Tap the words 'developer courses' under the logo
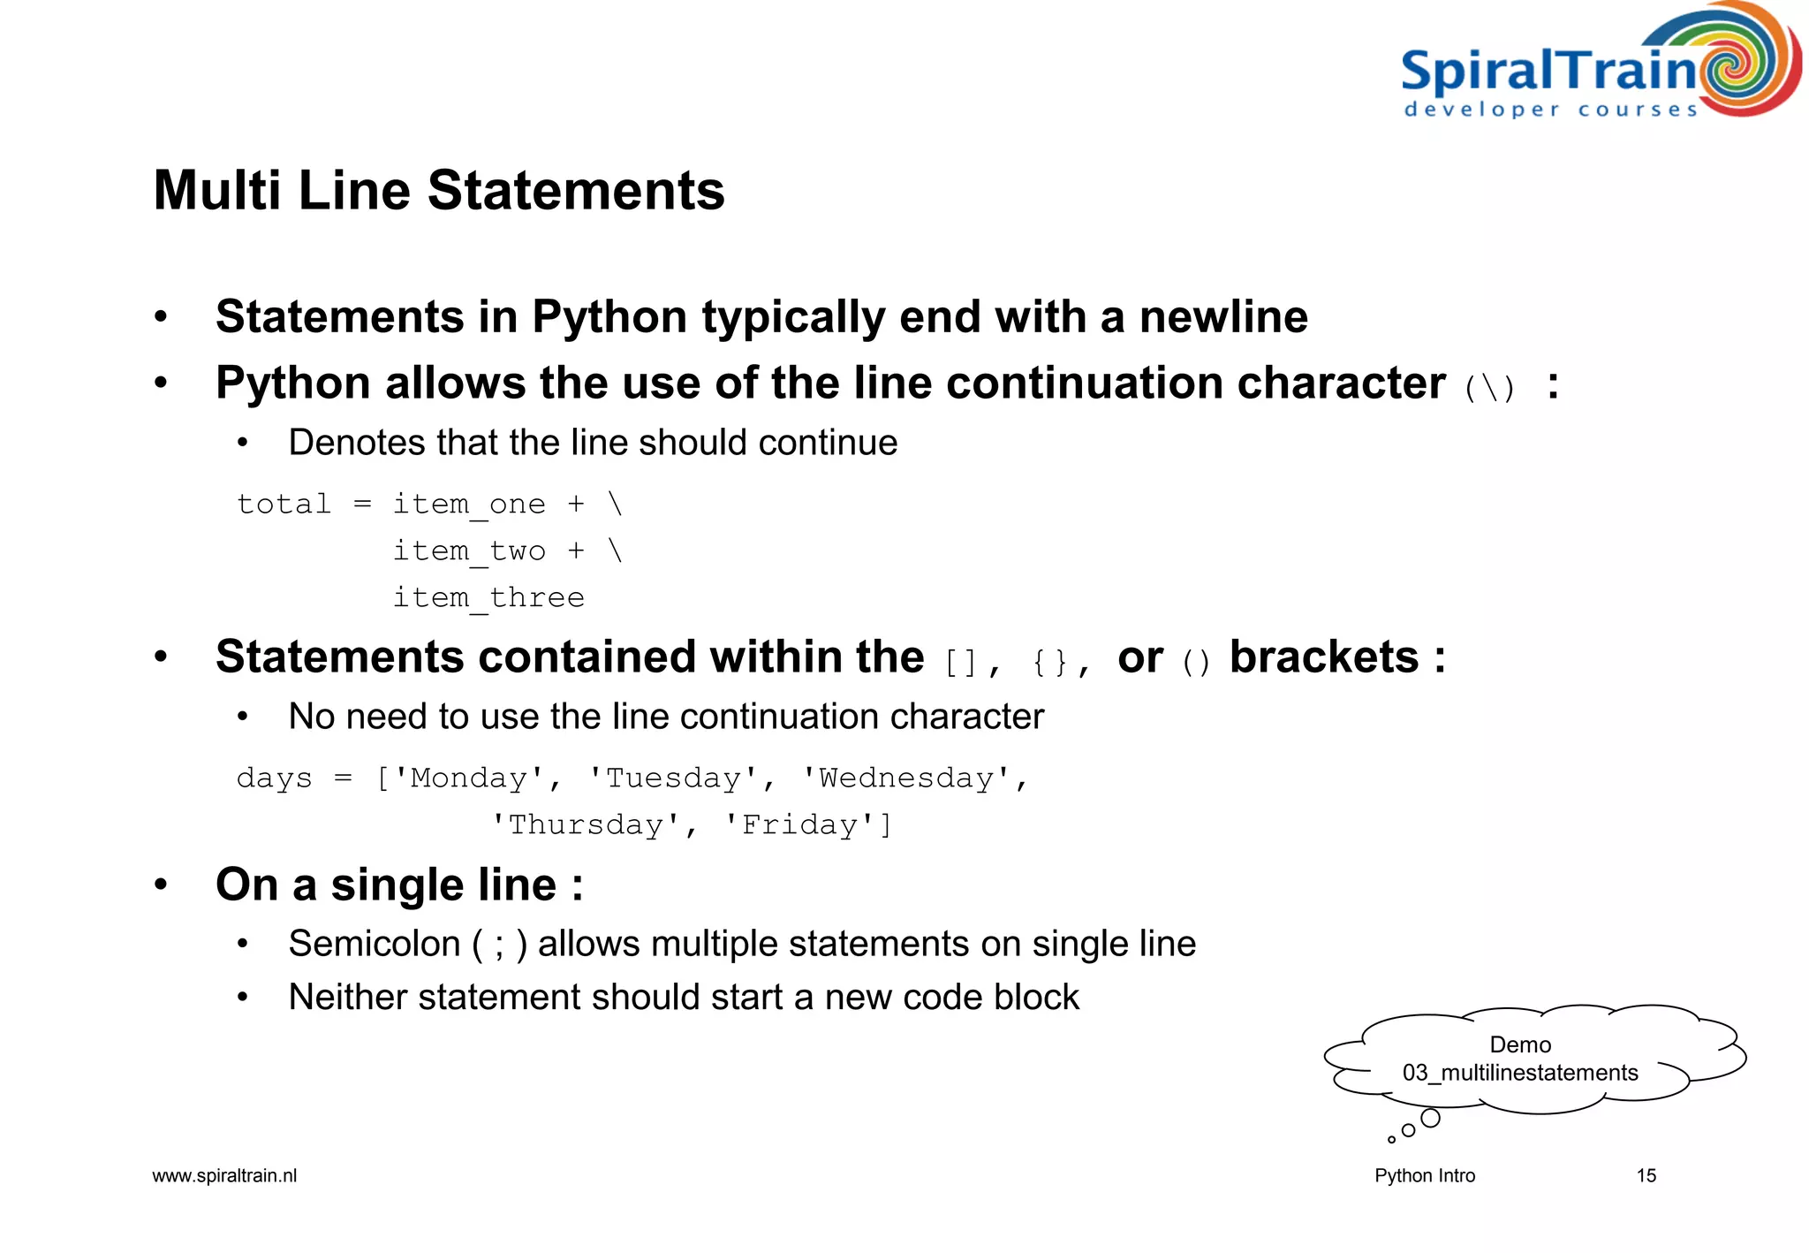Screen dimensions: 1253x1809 coord(1551,110)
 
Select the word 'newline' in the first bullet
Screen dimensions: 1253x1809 coord(1223,317)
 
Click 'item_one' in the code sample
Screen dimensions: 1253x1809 coord(469,505)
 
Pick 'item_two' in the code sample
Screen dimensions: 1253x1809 coord(469,551)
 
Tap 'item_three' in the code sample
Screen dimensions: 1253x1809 coord(488,598)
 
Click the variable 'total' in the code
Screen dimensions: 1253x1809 coord(284,505)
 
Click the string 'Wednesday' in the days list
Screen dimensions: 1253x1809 coord(906,778)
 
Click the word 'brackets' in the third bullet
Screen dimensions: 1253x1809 coord(1324,657)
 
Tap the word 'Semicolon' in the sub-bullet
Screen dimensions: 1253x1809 coord(375,944)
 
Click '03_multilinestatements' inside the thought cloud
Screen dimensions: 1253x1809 coord(1520,1073)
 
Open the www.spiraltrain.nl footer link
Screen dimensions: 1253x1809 coord(224,1176)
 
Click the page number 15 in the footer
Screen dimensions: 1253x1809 coord(1646,1176)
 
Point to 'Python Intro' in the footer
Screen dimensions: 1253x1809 coord(1425,1176)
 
